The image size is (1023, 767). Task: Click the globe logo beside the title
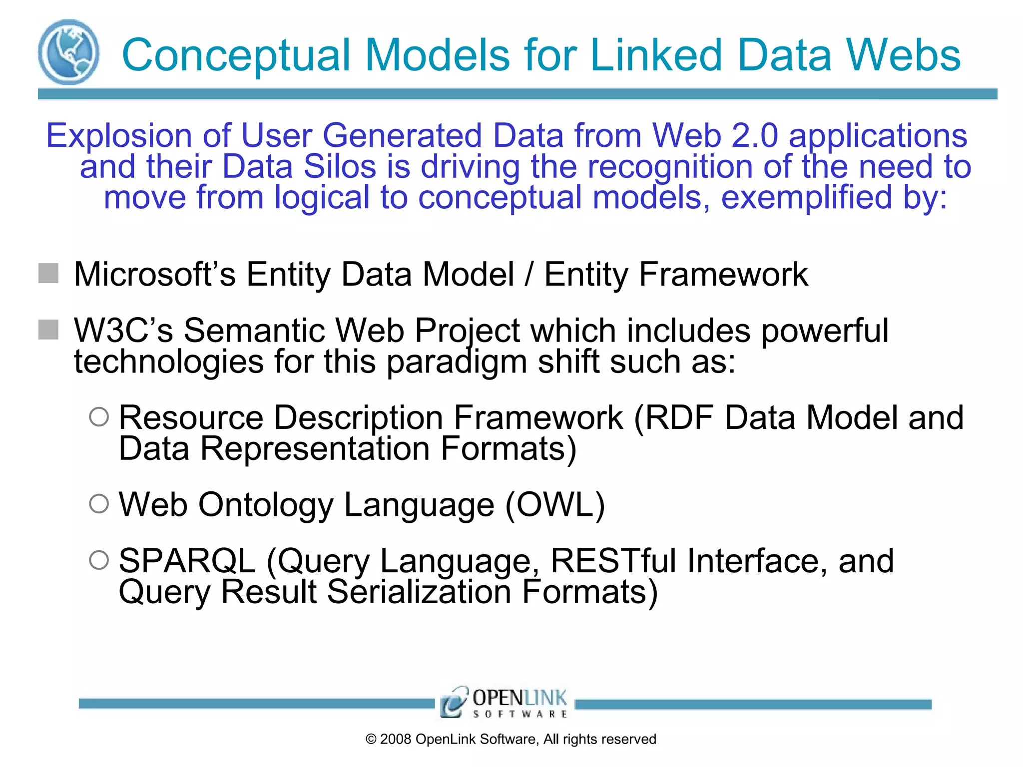point(68,52)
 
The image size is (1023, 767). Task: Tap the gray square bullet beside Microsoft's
point(48,274)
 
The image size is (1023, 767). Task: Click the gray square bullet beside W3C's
point(48,330)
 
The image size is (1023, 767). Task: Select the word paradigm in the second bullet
point(457,362)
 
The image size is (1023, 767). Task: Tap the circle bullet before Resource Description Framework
point(99,417)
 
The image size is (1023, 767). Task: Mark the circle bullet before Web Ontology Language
point(99,504)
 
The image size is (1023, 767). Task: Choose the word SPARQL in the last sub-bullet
point(187,561)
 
